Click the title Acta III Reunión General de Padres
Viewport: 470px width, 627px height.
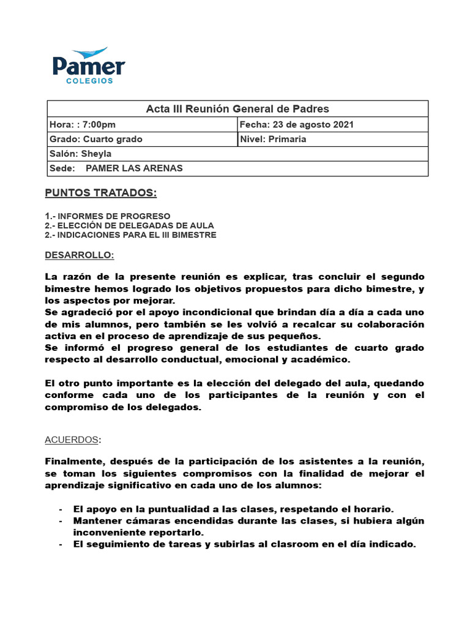point(237,109)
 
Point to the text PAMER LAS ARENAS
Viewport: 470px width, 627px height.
point(134,168)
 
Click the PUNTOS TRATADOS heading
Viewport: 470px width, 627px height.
point(101,193)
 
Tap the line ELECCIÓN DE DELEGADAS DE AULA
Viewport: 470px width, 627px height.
point(126,225)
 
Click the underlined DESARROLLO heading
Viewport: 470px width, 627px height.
point(80,254)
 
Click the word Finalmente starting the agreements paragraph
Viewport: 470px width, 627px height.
point(74,461)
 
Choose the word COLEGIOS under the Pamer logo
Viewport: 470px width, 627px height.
point(89,80)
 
